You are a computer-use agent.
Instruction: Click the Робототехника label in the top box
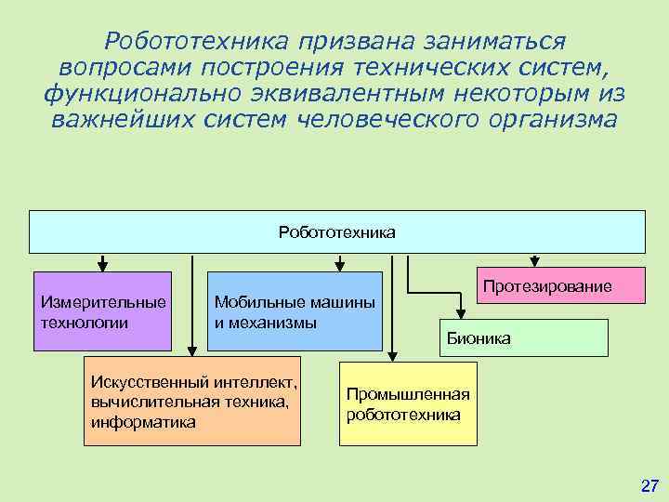click(x=336, y=231)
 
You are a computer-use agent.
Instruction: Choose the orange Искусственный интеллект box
click(x=192, y=401)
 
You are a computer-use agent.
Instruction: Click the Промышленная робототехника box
click(x=408, y=403)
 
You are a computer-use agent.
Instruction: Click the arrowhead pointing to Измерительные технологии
click(x=102, y=264)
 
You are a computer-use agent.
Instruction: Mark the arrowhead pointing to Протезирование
click(x=533, y=264)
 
